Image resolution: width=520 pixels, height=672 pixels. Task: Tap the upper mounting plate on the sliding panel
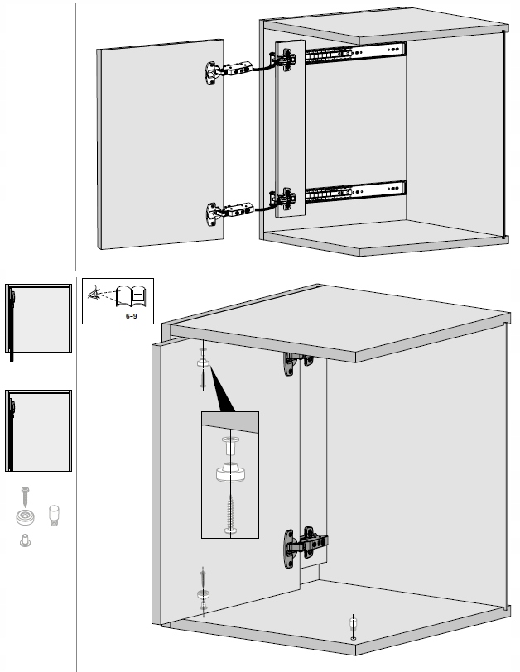pos(286,59)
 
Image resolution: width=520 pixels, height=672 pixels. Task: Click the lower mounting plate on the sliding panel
pos(286,198)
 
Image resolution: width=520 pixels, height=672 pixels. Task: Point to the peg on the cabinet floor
pos(354,624)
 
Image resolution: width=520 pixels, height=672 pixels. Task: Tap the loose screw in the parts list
pos(26,497)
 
